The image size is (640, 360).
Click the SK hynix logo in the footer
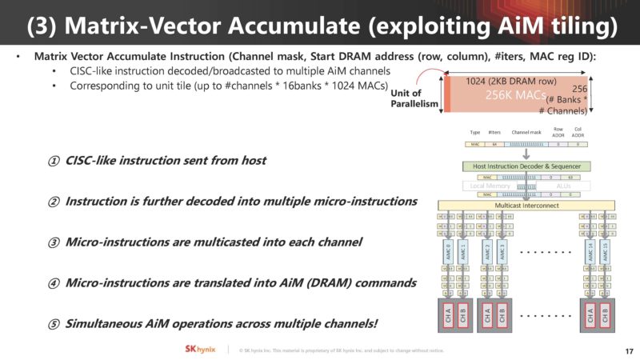pos(193,350)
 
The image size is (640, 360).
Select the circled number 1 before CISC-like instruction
pos(53,161)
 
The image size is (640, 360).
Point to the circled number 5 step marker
pos(53,323)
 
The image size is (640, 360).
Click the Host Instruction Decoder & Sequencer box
pos(526,166)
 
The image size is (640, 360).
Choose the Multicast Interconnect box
pos(526,206)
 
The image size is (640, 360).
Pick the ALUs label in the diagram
pos(565,186)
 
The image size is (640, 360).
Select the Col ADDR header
pos(578,131)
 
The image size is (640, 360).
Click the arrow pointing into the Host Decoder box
pos(526,154)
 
